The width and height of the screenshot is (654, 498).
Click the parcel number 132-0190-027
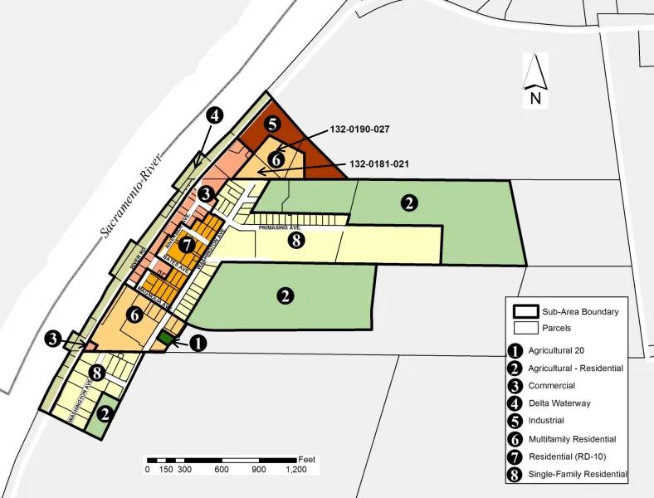pyautogui.click(x=359, y=129)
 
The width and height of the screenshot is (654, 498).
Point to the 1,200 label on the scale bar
pyautogui.click(x=296, y=469)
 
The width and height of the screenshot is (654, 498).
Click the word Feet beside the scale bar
pyautogui.click(x=307, y=459)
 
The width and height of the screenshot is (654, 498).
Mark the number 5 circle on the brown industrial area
pyautogui.click(x=272, y=124)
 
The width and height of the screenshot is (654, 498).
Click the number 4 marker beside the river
pyautogui.click(x=214, y=115)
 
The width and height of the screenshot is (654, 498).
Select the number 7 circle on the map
pyautogui.click(x=187, y=245)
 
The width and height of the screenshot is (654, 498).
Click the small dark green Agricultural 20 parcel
pyautogui.click(x=166, y=338)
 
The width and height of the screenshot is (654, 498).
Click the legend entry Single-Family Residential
pyautogui.click(x=578, y=475)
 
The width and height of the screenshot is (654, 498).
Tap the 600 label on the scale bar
pyautogui.click(x=222, y=469)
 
